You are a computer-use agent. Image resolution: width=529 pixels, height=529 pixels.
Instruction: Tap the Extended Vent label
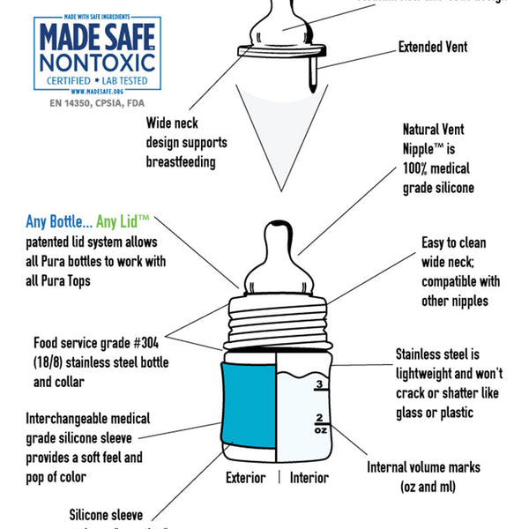[433, 46]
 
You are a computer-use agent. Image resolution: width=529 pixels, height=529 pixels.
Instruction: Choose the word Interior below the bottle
[309, 478]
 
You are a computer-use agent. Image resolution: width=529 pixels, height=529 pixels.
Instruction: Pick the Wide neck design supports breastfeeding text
[187, 141]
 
